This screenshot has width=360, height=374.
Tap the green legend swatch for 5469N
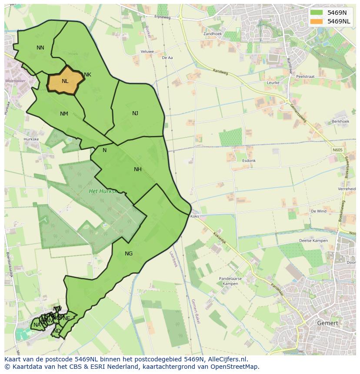click(317, 13)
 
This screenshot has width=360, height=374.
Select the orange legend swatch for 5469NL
click(317, 21)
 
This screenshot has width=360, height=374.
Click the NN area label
click(40, 48)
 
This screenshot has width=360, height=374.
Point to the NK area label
click(87, 75)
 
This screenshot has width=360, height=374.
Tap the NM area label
click(64, 114)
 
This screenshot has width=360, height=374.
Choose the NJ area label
click(135, 113)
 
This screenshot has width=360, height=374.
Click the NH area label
click(138, 169)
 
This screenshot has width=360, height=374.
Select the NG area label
click(129, 254)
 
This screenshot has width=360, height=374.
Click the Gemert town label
click(327, 323)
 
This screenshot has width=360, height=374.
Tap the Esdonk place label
click(249, 161)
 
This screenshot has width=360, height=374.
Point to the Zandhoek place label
click(213, 33)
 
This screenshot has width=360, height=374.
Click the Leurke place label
click(273, 83)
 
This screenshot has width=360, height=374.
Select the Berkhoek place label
click(340, 122)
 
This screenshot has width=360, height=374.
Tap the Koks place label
click(194, 216)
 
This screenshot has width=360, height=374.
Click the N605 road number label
click(338, 150)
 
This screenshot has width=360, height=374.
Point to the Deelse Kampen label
click(313, 241)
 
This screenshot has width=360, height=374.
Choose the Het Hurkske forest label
click(103, 191)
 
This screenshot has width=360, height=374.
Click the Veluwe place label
click(147, 51)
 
